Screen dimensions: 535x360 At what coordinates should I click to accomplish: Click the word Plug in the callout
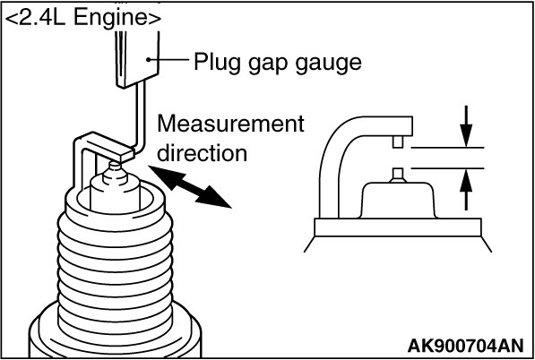pos(216,64)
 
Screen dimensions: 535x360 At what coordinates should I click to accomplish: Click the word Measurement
pos(230,124)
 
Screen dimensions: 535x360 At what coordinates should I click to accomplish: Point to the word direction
pos(202,153)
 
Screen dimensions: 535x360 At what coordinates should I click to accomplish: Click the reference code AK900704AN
pos(465,347)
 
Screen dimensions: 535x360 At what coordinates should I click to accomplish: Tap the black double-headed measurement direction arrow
pos(190,186)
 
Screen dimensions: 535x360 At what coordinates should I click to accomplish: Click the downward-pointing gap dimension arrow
pos(466,126)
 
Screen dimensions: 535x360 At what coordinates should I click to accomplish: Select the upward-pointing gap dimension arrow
pos(466,189)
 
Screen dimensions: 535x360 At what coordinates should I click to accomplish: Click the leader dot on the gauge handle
pos(149,60)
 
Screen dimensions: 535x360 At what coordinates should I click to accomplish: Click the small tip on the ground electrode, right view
pos(398,141)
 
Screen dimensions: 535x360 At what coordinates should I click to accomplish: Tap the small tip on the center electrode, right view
pos(398,175)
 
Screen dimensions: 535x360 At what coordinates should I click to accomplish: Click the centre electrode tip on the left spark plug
pos(115,166)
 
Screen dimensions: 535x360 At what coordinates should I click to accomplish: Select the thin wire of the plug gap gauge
pos(140,117)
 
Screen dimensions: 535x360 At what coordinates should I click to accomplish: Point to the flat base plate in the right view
pos(398,227)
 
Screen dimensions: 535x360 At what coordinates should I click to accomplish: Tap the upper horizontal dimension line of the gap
pos(447,148)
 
